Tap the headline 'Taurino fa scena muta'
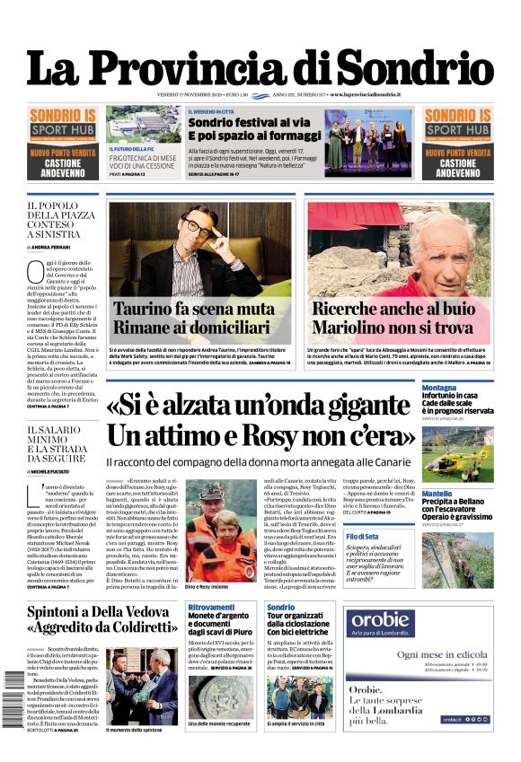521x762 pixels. [x=194, y=309]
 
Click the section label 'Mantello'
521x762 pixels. [x=437, y=494]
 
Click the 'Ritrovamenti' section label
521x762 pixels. [x=211, y=608]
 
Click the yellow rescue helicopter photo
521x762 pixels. [x=457, y=452]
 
